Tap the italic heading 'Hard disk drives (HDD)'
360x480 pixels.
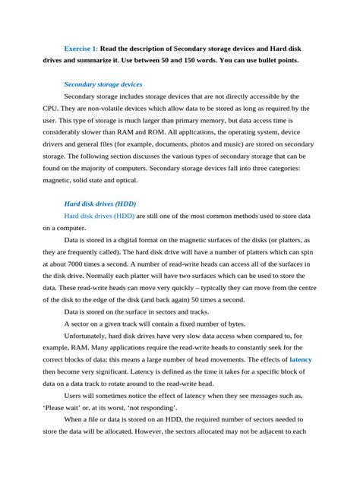click(105, 204)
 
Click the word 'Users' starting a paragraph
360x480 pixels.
click(76, 395)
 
